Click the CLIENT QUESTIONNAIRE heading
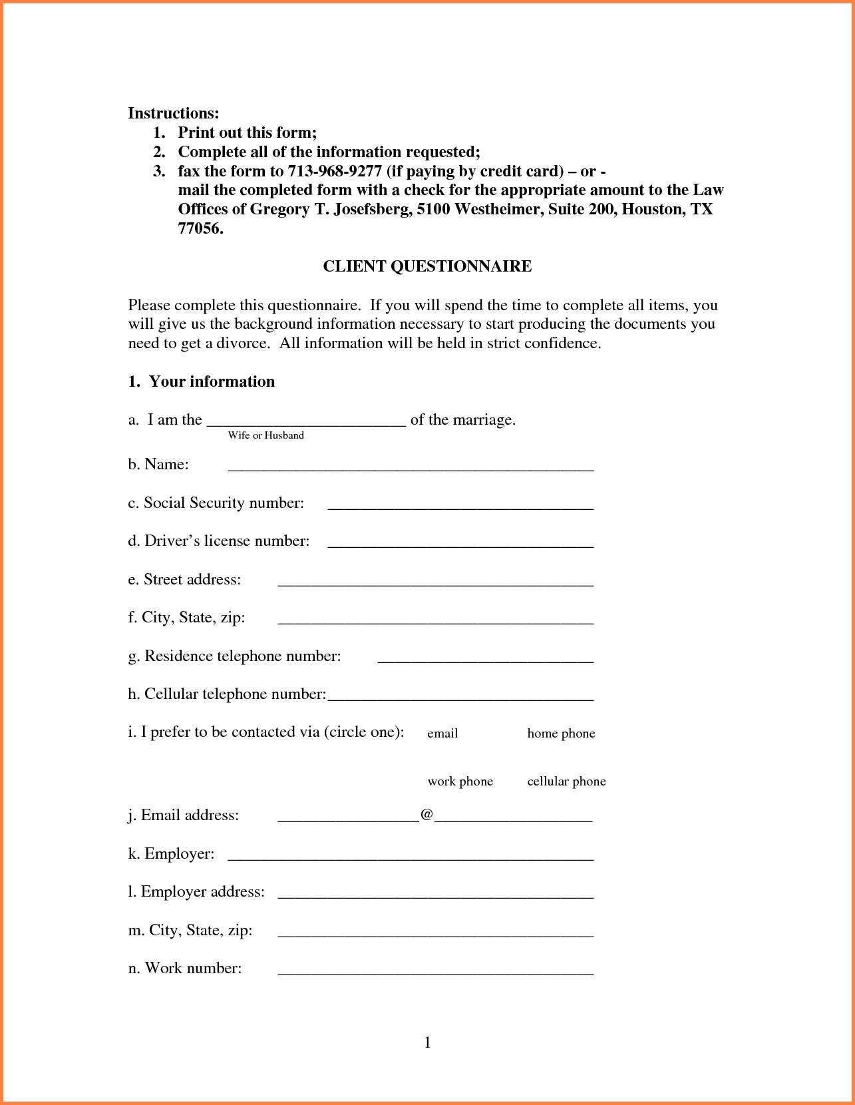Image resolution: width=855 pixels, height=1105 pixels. coord(427,266)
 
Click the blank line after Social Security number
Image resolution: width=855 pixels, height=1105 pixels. coord(460,507)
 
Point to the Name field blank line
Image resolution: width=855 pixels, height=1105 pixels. coord(411,468)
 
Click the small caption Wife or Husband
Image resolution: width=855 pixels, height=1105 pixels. coord(265,435)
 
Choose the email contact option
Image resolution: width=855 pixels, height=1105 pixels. coord(442,734)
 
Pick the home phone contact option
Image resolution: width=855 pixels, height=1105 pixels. coord(561,734)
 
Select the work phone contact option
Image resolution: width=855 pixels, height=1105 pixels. coord(460,781)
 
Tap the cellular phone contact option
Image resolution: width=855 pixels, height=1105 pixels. coord(566,781)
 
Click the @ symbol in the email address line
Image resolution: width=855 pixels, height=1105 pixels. coord(427,815)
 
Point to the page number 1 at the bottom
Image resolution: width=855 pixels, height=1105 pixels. coord(427,1042)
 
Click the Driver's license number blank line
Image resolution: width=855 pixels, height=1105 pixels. coord(460,545)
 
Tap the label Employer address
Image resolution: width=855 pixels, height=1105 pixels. coord(196,891)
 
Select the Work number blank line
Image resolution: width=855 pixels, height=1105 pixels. coord(435,972)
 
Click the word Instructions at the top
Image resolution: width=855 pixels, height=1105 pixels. coord(173,113)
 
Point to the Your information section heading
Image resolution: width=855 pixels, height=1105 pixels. coord(211,381)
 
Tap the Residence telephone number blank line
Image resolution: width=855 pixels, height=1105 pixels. coord(485,660)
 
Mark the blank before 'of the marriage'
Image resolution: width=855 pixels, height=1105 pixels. coord(306,423)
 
